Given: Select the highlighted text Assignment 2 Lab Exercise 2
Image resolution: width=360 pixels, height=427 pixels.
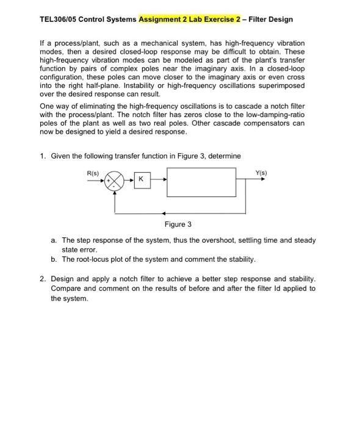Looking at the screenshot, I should [191, 20].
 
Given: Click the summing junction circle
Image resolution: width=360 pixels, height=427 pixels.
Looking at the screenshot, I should [116, 181].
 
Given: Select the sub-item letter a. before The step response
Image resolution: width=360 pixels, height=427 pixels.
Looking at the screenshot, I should [54, 240].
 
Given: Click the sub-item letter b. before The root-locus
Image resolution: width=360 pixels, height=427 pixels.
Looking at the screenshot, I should [54, 259].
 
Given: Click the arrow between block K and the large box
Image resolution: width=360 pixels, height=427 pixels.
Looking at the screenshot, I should [157, 181].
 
